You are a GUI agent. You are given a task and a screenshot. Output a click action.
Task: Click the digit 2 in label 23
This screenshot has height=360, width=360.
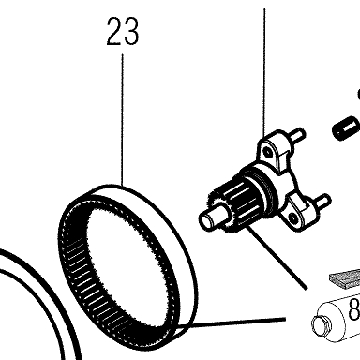[x=114, y=31]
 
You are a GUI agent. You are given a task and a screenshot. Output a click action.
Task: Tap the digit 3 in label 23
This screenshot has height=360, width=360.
[x=130, y=31]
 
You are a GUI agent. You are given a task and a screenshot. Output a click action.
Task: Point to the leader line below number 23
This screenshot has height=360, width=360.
[x=123, y=119]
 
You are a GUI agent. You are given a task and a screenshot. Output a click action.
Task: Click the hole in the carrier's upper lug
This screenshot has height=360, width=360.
[x=267, y=152]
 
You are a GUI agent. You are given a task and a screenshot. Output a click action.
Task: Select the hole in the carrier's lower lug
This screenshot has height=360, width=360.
[x=292, y=217]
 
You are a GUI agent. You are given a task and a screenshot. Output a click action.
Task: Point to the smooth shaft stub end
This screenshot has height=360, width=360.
[x=208, y=217]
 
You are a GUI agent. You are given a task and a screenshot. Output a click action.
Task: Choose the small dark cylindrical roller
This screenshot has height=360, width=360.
[x=345, y=128]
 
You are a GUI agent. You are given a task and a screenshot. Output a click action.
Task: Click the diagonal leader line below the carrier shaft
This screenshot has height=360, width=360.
[x=275, y=257]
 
